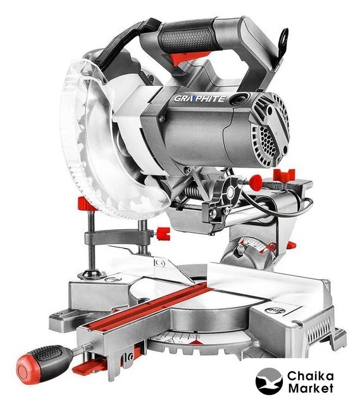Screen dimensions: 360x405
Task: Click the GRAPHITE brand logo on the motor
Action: [x=200, y=99]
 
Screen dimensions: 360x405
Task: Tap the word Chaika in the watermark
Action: [x=311, y=377]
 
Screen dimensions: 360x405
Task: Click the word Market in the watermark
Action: [x=311, y=388]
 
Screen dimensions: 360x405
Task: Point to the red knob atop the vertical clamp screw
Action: [x=87, y=203]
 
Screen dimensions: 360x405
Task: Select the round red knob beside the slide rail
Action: [x=256, y=180]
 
